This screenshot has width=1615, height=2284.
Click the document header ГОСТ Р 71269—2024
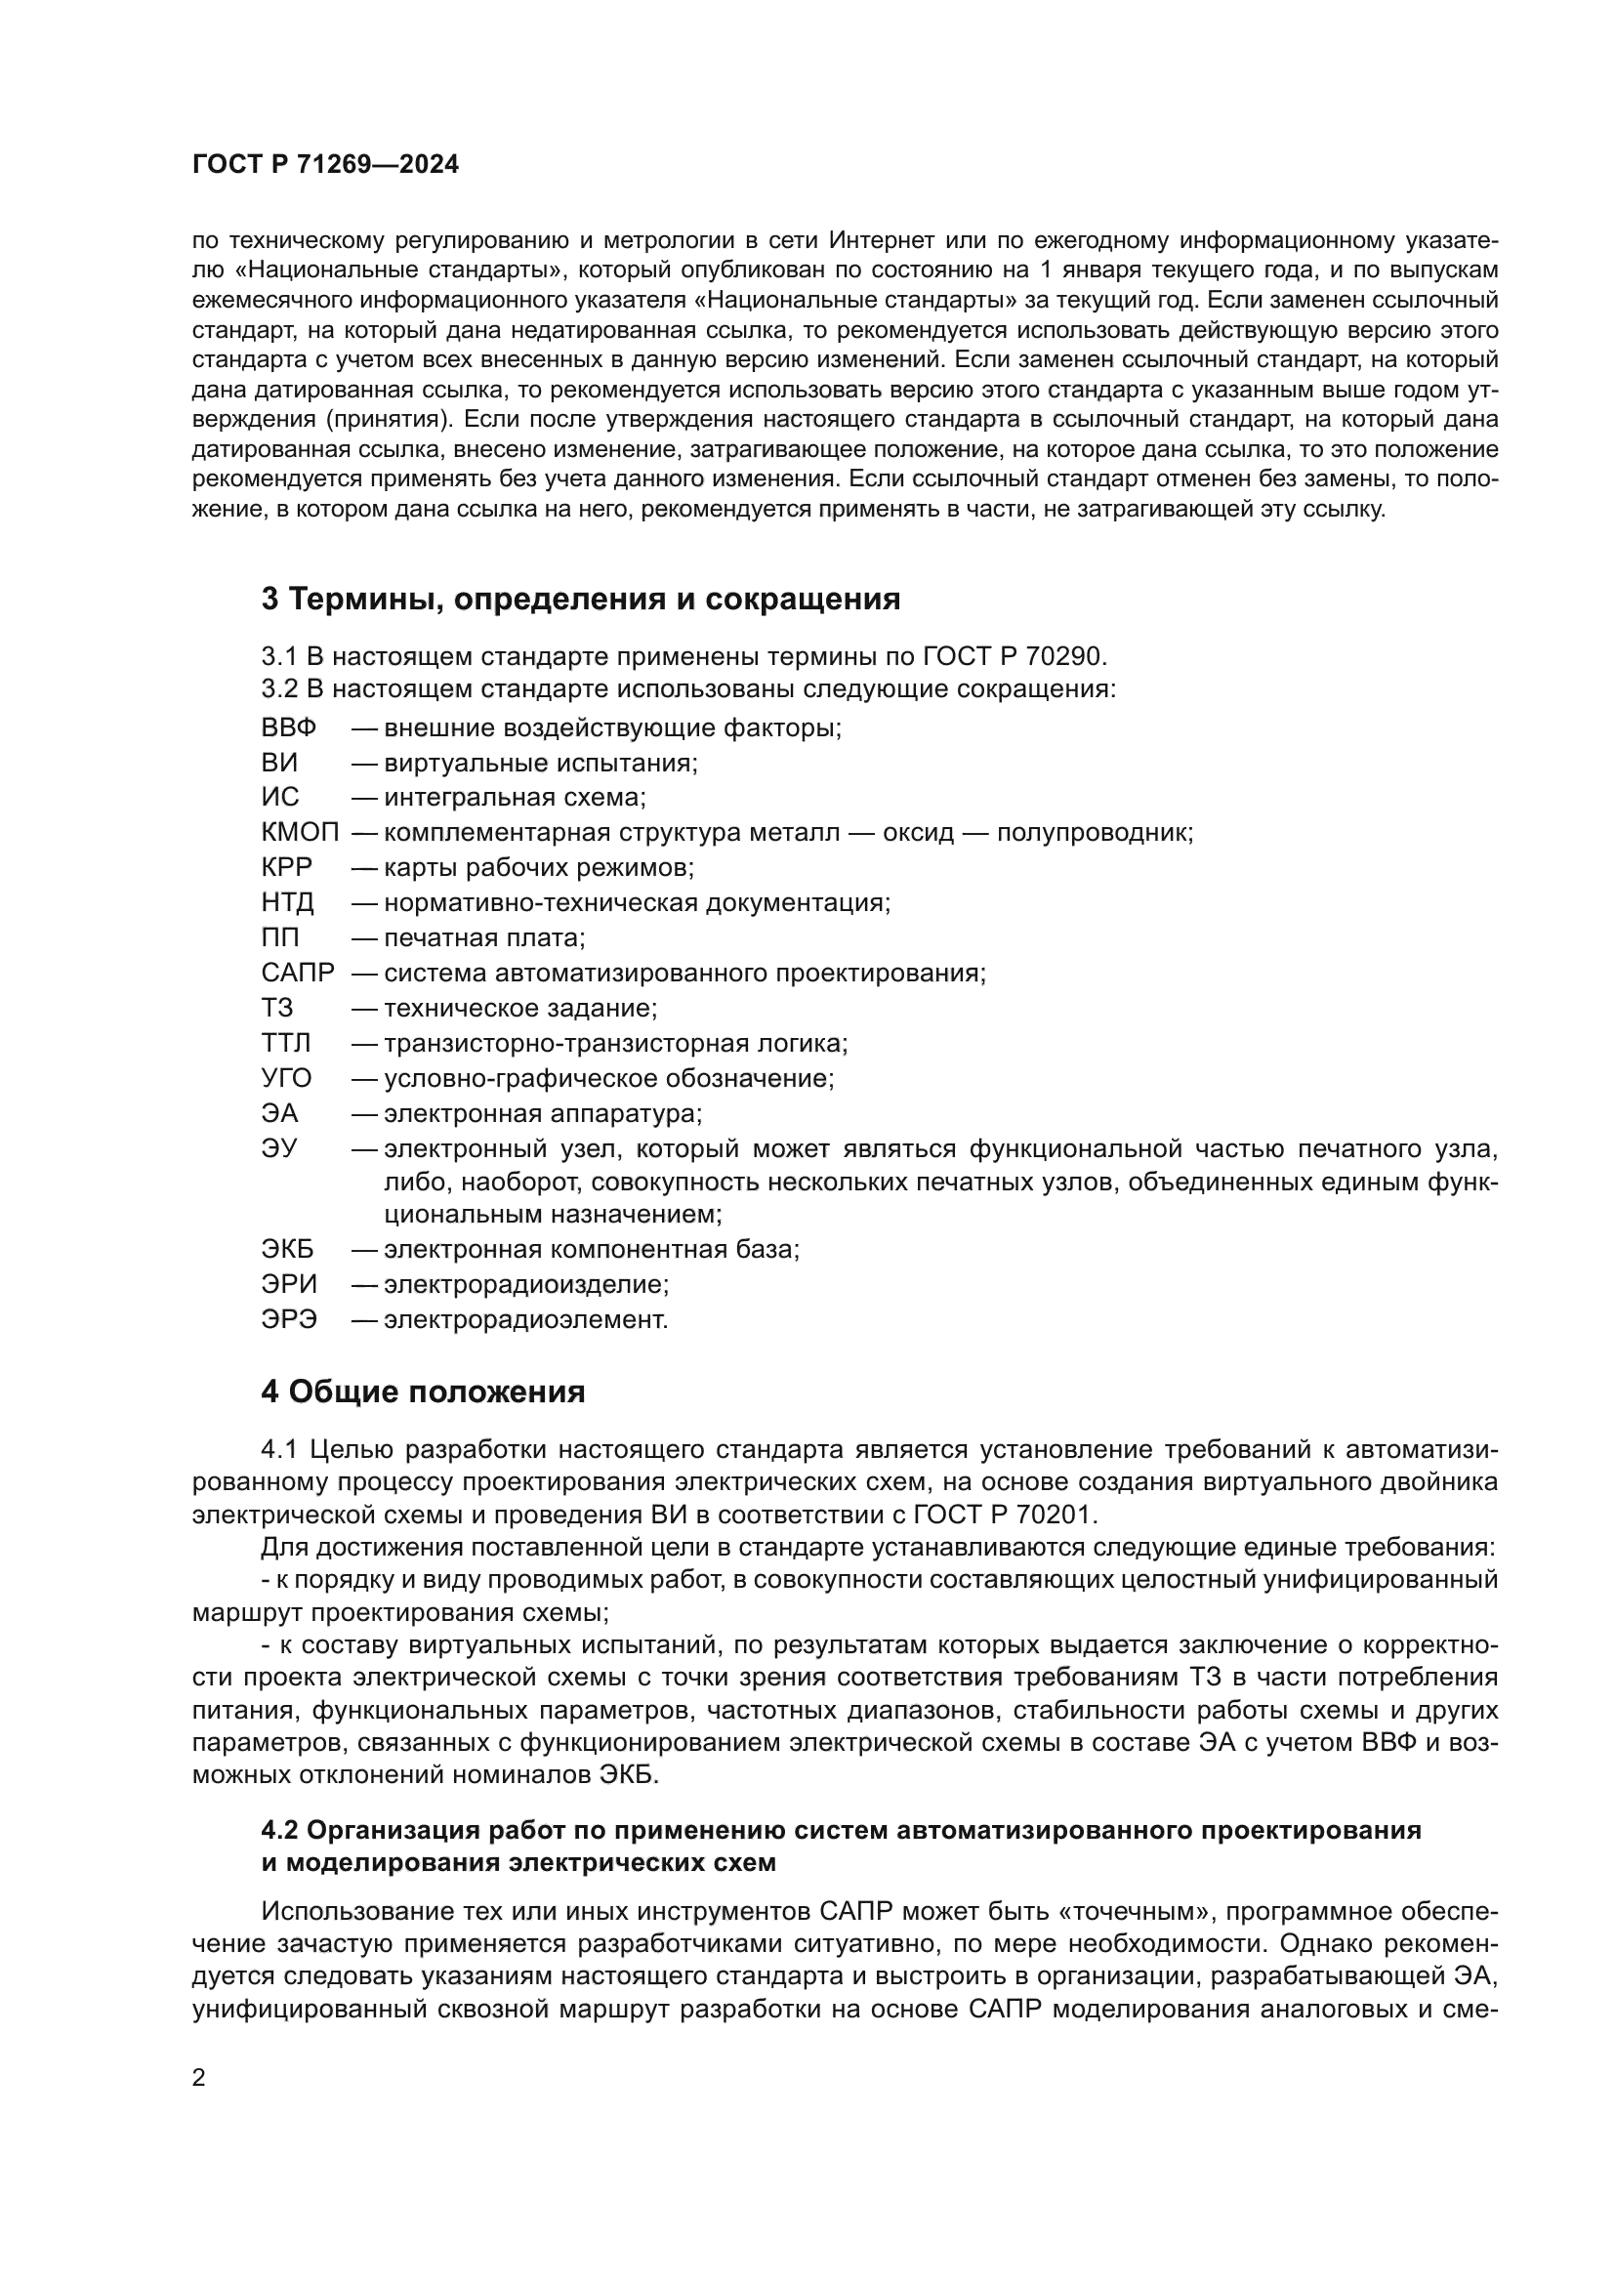[325, 165]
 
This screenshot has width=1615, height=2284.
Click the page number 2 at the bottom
[199, 2077]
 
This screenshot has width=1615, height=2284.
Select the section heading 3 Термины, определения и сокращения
[581, 599]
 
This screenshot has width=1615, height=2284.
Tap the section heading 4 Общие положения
[423, 1391]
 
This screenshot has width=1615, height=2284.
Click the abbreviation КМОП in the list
[300, 833]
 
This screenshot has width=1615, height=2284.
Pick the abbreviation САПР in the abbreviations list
[298, 973]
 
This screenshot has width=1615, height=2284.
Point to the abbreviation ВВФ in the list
[288, 728]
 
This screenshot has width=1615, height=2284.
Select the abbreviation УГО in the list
[286, 1078]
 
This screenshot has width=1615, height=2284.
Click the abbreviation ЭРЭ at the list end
[288, 1320]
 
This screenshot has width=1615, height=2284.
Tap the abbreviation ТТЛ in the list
[286, 1044]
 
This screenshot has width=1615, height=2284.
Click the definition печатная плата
[484, 938]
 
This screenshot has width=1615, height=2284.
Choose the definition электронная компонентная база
[592, 1250]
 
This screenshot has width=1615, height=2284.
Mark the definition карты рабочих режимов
[539, 867]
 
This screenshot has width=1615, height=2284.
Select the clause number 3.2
[279, 688]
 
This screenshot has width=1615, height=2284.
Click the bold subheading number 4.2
[279, 1830]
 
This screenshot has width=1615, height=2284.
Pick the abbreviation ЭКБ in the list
[286, 1250]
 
